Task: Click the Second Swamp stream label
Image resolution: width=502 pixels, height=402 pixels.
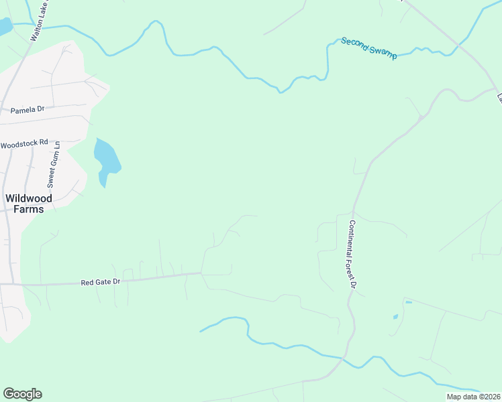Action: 368,49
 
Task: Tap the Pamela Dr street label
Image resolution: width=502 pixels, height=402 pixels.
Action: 27,109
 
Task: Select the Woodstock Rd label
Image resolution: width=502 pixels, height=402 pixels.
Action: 25,143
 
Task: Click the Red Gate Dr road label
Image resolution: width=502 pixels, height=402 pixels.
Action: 100,283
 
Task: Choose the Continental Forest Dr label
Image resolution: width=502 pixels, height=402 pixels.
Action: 352,254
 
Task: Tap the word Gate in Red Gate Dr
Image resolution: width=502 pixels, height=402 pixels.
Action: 103,283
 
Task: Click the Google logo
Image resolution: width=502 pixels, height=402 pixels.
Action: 22,394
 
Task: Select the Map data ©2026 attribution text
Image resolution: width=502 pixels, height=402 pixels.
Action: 473,397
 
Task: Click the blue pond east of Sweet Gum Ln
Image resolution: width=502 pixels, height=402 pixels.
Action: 106,157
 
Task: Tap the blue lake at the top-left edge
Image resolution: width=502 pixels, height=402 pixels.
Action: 4,27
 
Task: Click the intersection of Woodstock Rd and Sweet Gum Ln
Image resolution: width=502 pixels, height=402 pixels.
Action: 58,142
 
